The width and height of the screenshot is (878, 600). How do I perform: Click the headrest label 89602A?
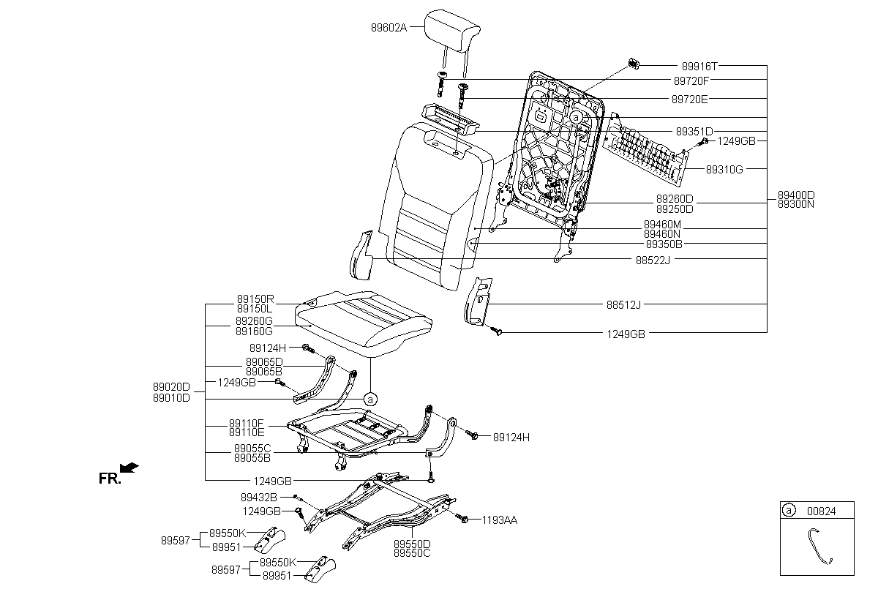(389, 28)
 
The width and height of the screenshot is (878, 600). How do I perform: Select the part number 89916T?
(699, 67)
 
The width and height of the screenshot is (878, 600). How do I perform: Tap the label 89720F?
(691, 80)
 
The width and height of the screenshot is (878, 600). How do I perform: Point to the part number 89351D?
(694, 131)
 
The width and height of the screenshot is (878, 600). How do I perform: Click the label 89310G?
(724, 169)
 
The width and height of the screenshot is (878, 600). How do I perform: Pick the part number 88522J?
(653, 260)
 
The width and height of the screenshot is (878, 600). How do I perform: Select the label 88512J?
(623, 304)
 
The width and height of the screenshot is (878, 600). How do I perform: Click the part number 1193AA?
(499, 520)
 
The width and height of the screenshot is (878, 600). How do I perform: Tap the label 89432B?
(259, 498)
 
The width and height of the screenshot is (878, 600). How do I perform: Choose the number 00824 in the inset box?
(821, 511)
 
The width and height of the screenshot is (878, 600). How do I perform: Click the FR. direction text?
(110, 479)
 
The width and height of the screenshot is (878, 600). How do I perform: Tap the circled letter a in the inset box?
(788, 510)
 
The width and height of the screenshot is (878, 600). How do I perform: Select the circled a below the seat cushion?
(370, 400)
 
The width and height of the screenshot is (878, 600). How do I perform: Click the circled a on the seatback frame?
(575, 117)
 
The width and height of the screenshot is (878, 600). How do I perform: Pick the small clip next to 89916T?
(634, 64)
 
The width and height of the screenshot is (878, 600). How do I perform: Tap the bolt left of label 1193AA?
(463, 519)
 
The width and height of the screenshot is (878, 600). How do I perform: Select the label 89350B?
(664, 244)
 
